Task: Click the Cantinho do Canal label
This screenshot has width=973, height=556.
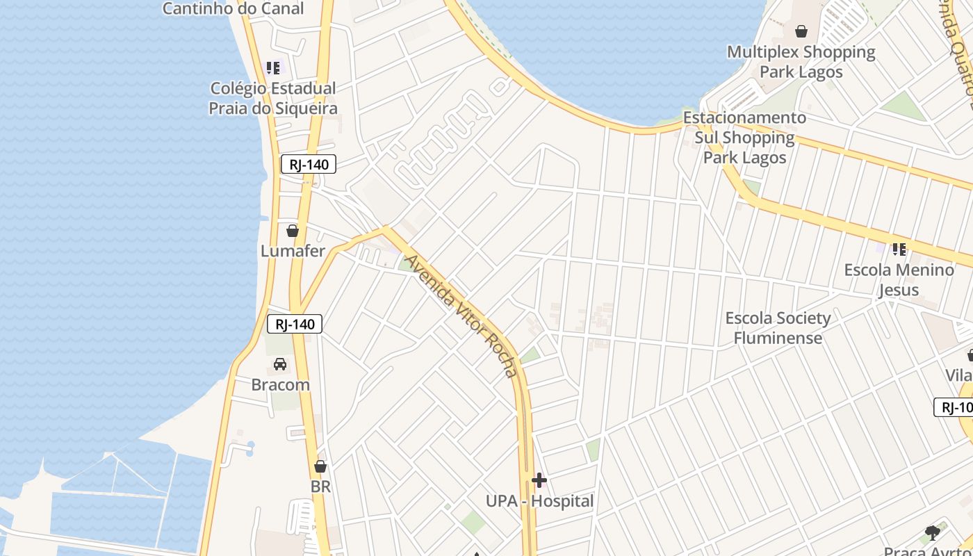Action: point(233,8)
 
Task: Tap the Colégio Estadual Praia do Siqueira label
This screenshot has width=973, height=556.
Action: point(274,98)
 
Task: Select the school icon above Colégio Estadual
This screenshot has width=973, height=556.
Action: point(273,68)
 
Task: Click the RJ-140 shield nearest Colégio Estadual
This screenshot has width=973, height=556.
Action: point(309,165)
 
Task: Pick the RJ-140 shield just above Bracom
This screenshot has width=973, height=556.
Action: point(295,324)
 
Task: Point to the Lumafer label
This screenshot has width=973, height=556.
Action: point(293,251)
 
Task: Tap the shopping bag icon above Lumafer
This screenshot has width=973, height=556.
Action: point(293,231)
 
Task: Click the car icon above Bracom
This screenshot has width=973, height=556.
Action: point(280,364)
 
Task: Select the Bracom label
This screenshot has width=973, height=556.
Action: point(280,384)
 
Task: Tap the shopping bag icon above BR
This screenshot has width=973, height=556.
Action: point(320,466)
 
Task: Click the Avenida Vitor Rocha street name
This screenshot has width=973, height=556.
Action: point(462,316)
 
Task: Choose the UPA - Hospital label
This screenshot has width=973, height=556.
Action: point(539,501)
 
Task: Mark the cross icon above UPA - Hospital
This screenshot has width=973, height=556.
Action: point(539,480)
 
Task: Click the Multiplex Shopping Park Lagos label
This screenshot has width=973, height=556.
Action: point(801,62)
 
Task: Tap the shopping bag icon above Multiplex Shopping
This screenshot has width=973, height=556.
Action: point(801,31)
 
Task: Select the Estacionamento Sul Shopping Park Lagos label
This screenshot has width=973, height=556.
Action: point(744,138)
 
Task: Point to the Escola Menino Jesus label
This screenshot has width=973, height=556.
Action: point(899,279)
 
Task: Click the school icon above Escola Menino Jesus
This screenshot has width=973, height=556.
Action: point(899,249)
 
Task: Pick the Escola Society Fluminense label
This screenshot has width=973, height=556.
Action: point(778,328)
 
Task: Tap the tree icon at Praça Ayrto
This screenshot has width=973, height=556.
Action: point(933,533)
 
